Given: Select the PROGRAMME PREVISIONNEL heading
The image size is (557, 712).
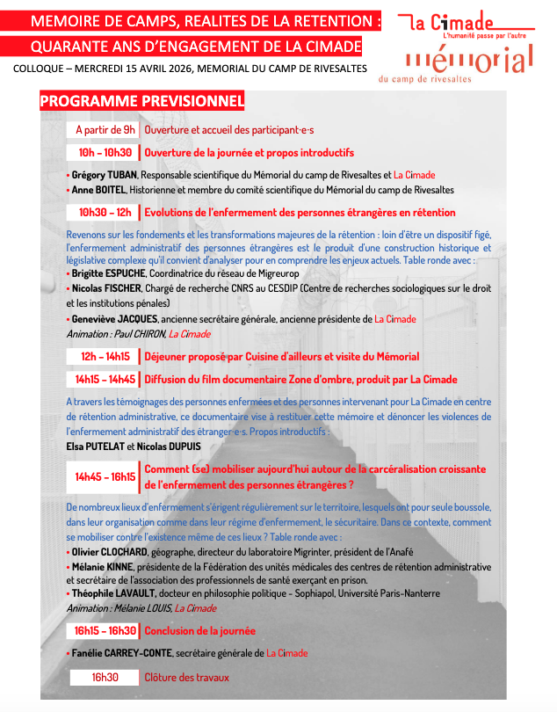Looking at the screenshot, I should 141,103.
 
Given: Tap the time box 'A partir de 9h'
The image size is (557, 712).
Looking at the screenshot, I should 104,130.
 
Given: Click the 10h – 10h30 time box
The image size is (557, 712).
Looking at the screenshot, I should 104,152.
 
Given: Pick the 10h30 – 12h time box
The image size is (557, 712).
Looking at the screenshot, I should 104,212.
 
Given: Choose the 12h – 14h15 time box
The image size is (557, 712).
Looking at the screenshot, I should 104,356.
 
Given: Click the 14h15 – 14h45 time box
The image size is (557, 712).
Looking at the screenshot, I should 104,379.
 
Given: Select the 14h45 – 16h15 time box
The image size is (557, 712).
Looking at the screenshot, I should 104,476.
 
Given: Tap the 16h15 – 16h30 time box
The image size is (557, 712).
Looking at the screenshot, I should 104,630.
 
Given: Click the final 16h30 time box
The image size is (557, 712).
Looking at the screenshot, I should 104,677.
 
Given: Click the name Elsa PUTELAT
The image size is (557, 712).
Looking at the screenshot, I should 95,446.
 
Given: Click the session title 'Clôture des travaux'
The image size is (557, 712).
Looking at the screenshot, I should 186,677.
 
